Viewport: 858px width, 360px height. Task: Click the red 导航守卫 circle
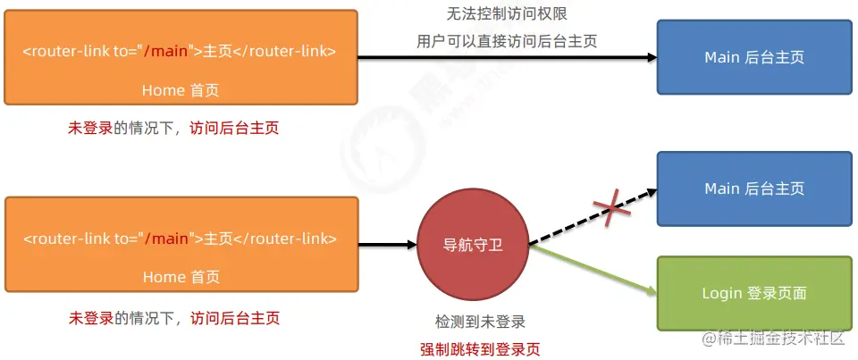pyautogui.click(x=473, y=244)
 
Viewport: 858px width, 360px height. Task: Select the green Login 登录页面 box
pyautogui.click(x=754, y=292)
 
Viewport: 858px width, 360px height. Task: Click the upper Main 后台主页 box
pyautogui.click(x=754, y=57)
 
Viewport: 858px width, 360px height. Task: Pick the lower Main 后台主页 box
pyautogui.click(x=754, y=188)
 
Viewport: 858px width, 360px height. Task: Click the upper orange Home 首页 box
pyautogui.click(x=181, y=57)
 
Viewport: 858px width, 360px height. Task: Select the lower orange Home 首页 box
pyautogui.click(x=181, y=244)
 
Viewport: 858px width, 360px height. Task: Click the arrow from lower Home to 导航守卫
pyautogui.click(x=386, y=243)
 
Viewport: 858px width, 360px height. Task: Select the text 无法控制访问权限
pyautogui.click(x=507, y=14)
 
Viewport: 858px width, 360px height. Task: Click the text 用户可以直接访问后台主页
pyautogui.click(x=507, y=40)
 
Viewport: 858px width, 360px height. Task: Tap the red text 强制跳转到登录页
pyautogui.click(x=480, y=348)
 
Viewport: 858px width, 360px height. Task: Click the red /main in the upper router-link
pyautogui.click(x=168, y=51)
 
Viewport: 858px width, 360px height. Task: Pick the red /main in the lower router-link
pyautogui.click(x=168, y=239)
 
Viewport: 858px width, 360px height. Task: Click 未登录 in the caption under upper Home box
pyautogui.click(x=90, y=128)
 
